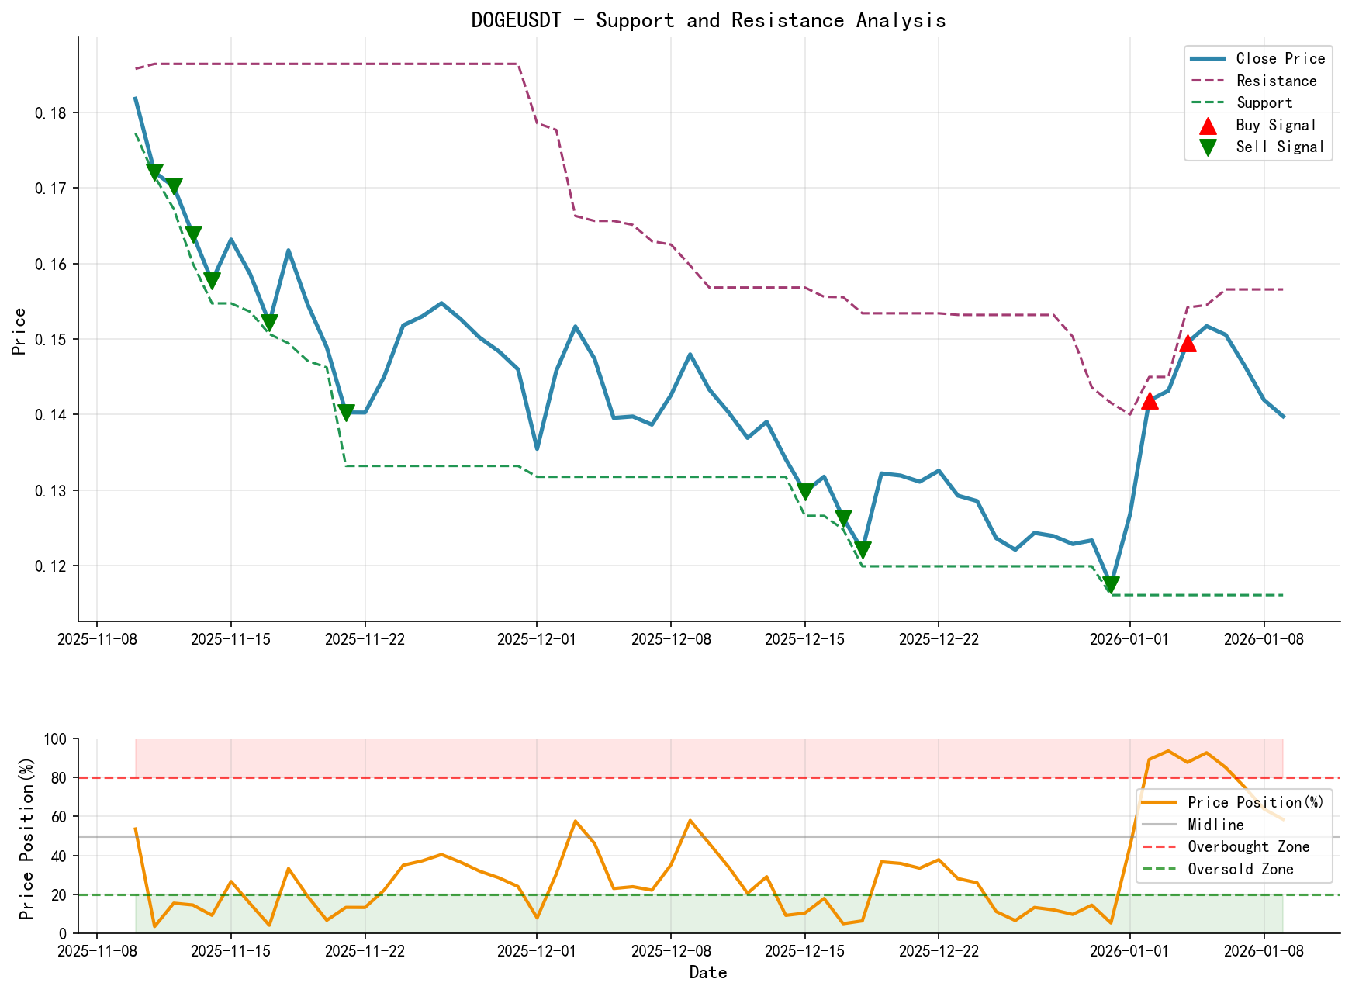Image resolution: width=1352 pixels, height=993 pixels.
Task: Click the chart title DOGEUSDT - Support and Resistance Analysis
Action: coord(708,20)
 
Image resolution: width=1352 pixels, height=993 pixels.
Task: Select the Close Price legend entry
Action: coord(1280,59)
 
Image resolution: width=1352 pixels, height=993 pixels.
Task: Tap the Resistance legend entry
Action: coord(1276,81)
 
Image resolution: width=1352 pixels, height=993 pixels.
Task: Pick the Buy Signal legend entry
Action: coord(1275,125)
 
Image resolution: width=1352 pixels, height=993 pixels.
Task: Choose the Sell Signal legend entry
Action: coord(1279,147)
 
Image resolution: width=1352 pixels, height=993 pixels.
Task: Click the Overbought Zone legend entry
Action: coord(1248,847)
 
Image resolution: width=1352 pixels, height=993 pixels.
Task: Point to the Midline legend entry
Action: coord(1215,825)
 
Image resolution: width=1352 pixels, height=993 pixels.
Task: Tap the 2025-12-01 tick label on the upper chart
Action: coord(536,639)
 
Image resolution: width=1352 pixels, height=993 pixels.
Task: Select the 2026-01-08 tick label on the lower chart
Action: coord(1264,951)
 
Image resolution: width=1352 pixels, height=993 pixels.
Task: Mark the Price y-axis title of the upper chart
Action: coord(20,330)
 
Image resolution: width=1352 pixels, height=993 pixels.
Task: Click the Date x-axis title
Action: coord(708,973)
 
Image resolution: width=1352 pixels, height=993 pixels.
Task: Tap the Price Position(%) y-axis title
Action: coord(27,836)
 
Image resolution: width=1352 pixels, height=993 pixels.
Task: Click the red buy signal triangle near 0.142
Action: coord(1149,401)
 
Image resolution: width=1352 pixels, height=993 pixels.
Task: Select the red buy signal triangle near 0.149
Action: coord(1187,344)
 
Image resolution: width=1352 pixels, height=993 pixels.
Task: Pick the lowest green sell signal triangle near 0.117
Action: coord(1111,585)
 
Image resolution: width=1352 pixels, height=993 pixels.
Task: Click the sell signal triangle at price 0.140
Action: coord(346,413)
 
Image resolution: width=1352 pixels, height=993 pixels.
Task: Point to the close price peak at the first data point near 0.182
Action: coord(136,99)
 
